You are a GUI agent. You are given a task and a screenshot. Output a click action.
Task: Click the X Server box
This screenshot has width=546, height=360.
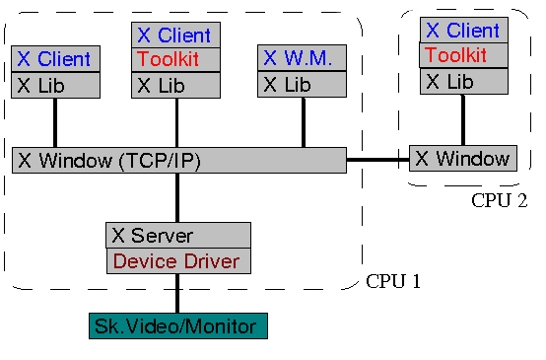[178, 236]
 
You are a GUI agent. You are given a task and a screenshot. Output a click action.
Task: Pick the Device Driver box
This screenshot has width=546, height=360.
[178, 261]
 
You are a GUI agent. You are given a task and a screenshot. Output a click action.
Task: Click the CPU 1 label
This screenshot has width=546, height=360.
[393, 281]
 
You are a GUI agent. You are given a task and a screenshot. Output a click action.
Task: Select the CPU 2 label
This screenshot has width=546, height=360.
[499, 200]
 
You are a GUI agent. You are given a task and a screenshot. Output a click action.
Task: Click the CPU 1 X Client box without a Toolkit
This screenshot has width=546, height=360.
[54, 59]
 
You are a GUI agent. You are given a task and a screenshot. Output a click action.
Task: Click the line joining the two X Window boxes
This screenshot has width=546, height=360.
[377, 159]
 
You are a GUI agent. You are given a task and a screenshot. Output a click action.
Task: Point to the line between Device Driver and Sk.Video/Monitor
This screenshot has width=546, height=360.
[178, 294]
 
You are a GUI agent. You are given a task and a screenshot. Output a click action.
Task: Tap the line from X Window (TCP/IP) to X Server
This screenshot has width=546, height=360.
[178, 198]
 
